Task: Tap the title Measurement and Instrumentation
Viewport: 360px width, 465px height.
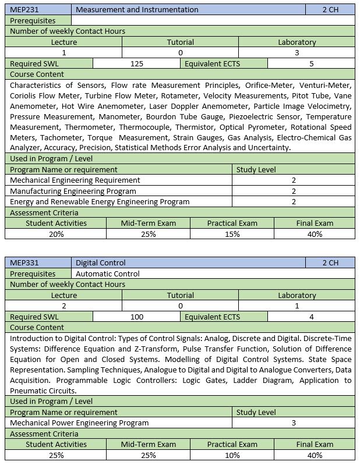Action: tap(137, 10)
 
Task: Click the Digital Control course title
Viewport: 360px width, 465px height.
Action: tap(101, 262)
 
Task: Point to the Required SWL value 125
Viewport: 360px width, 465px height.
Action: tap(137, 63)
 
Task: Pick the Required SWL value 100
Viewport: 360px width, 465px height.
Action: tap(137, 317)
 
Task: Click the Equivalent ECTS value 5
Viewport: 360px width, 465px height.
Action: tap(312, 63)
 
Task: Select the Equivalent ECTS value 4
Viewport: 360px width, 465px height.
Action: tap(312, 317)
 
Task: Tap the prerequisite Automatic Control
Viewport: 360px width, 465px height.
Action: tap(108, 274)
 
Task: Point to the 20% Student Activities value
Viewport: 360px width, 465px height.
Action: tap(56, 234)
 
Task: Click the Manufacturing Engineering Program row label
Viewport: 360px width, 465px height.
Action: tap(73, 191)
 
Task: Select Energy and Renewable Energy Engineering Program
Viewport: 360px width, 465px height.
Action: tap(100, 201)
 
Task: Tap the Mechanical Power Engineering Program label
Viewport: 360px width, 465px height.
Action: tap(79, 423)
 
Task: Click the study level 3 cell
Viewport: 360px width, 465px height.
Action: tap(294, 423)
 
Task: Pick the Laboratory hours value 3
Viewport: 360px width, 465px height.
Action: tap(297, 52)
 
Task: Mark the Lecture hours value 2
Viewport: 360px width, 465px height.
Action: tap(64, 306)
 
